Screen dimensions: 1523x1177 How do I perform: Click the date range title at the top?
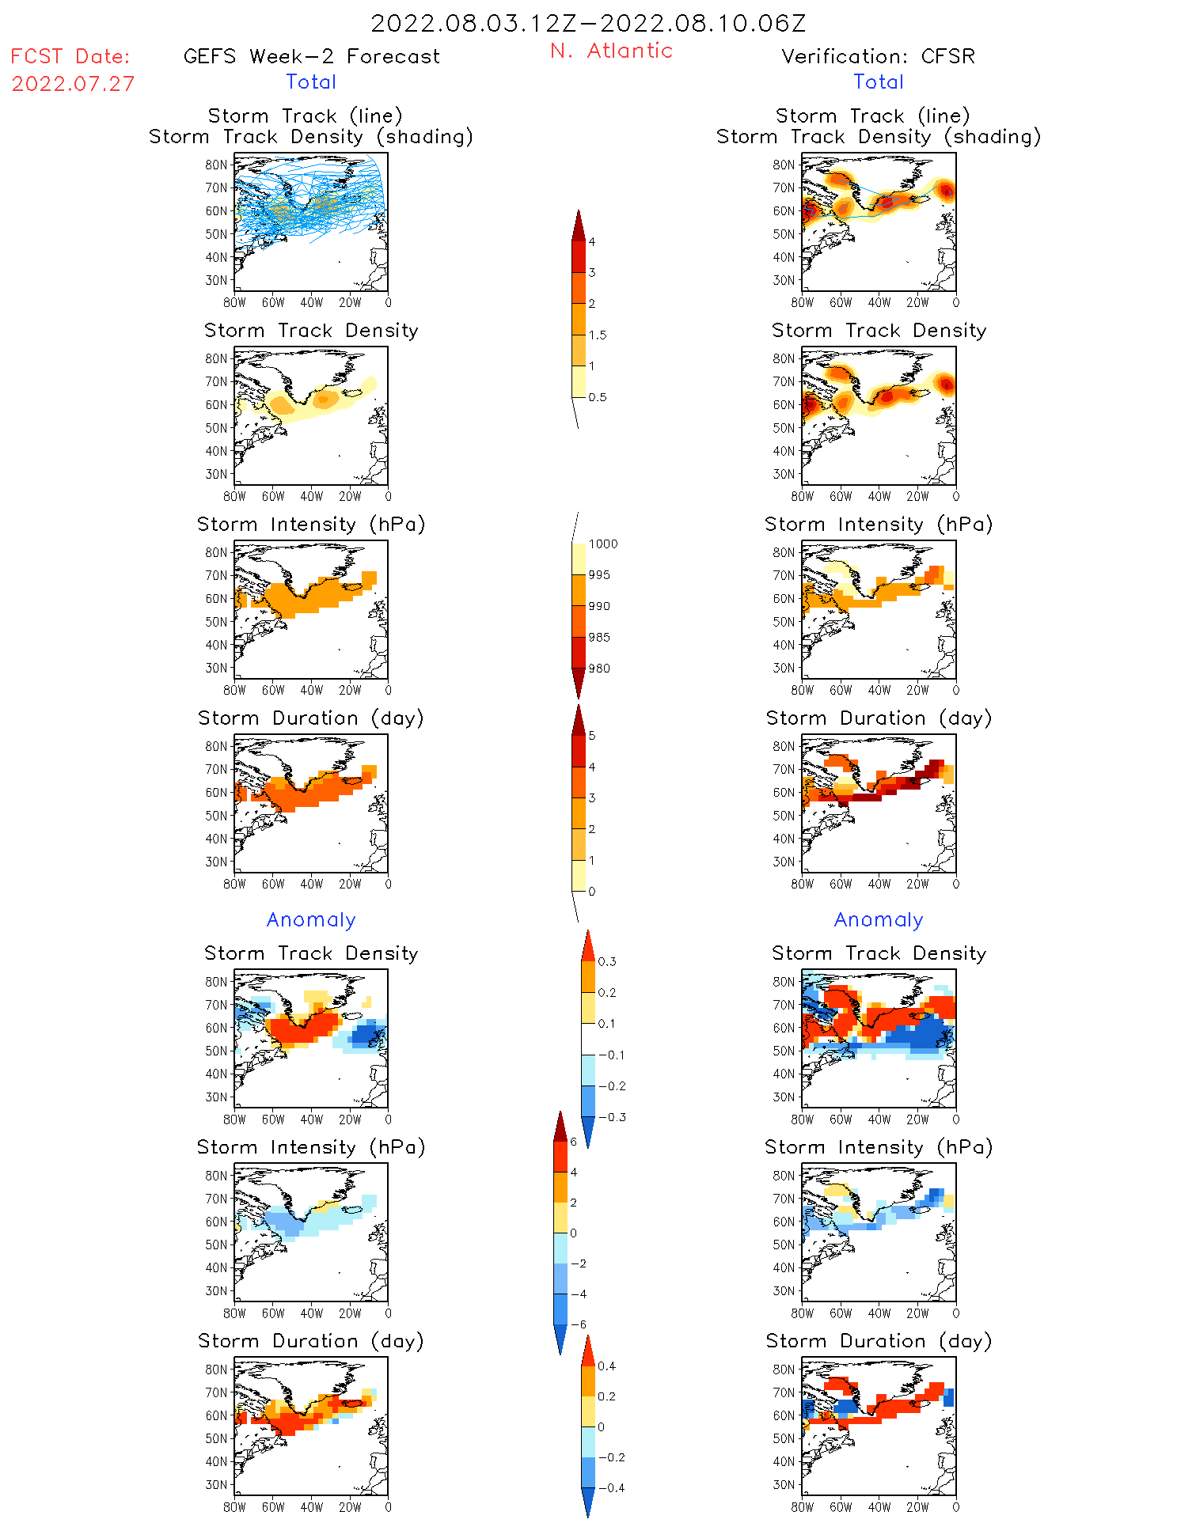pyautogui.click(x=588, y=23)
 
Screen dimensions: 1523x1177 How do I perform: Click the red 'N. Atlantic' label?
pyautogui.click(x=611, y=51)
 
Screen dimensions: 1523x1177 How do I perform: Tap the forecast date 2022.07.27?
pyautogui.click(x=73, y=84)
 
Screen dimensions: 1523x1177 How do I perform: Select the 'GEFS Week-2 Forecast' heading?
pyautogui.click(x=311, y=56)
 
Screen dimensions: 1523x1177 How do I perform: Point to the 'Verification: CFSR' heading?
pyautogui.click(x=878, y=56)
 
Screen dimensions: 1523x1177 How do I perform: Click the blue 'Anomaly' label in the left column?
pyautogui.click(x=311, y=919)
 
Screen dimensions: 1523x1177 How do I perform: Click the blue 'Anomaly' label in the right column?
pyautogui.click(x=879, y=919)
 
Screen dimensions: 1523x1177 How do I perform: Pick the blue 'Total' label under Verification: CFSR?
pyautogui.click(x=879, y=81)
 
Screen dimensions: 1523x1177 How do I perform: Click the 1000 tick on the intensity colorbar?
pyautogui.click(x=602, y=544)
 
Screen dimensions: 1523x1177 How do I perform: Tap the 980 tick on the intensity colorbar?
pyautogui.click(x=599, y=669)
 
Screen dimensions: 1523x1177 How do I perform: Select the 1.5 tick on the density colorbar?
pyautogui.click(x=598, y=335)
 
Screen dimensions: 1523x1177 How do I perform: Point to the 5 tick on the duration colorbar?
pyautogui.click(x=592, y=736)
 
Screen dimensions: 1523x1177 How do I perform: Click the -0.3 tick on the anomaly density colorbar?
pyautogui.click(x=611, y=1117)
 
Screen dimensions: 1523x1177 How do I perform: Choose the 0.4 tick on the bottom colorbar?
pyautogui.click(x=606, y=1366)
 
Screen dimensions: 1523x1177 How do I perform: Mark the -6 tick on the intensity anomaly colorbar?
pyautogui.click(x=579, y=1324)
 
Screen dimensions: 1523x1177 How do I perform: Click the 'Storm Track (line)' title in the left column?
pyautogui.click(x=305, y=116)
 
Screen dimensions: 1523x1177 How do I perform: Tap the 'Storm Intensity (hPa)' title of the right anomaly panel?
pyautogui.click(x=879, y=1147)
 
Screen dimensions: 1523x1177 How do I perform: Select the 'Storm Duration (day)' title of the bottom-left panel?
pyautogui.click(x=311, y=1341)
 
